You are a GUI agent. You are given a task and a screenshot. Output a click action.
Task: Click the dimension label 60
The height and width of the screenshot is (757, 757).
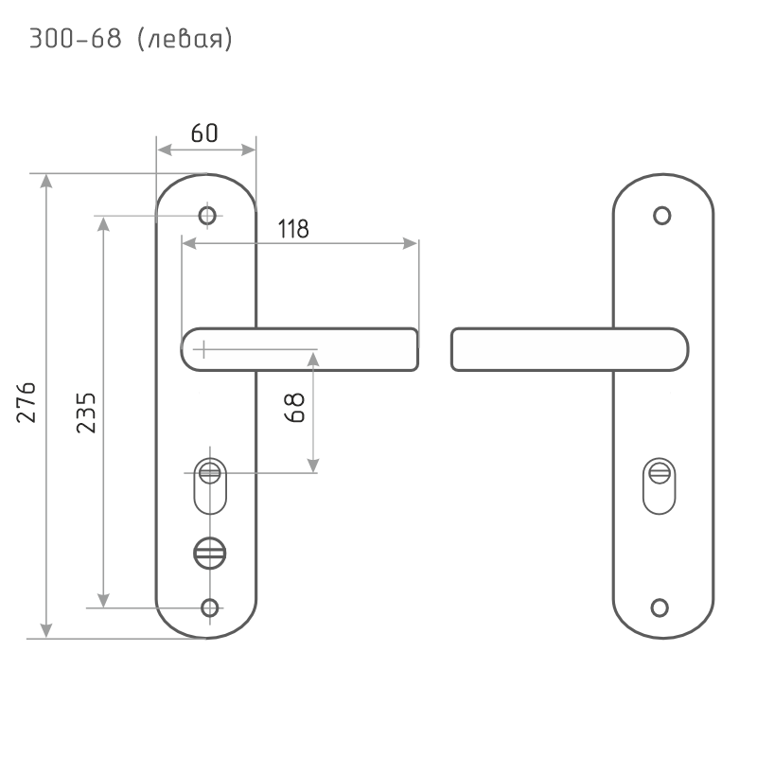pyautogui.click(x=204, y=132)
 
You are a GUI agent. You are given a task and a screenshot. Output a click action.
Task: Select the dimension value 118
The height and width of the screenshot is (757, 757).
pyautogui.click(x=293, y=229)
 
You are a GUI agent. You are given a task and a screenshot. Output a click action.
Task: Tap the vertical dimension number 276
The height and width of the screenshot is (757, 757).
pyautogui.click(x=26, y=403)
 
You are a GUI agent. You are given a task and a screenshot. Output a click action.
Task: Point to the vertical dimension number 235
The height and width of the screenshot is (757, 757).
pyautogui.click(x=86, y=413)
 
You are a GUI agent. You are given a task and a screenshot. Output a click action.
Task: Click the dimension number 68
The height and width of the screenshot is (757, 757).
pyautogui.click(x=294, y=408)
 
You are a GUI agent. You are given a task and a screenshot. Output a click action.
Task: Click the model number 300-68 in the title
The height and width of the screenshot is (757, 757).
pyautogui.click(x=76, y=39)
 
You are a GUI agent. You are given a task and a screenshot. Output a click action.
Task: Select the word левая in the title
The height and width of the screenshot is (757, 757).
pyautogui.click(x=185, y=39)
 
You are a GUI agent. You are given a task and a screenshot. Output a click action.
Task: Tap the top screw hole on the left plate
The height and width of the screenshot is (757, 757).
pyautogui.click(x=207, y=216)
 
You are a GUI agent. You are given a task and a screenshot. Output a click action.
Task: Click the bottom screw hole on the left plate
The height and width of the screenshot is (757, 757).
pyautogui.click(x=209, y=607)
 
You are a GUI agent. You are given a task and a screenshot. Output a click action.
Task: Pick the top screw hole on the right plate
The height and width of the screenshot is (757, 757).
pyautogui.click(x=661, y=216)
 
